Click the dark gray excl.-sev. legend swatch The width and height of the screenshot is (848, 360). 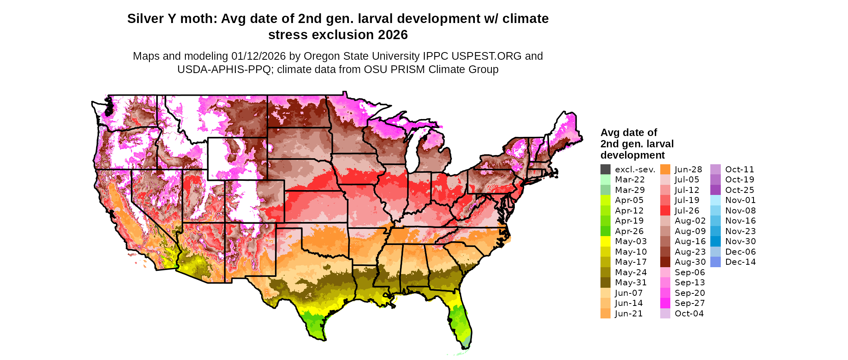coord(605,170)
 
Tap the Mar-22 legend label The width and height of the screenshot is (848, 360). coord(630,180)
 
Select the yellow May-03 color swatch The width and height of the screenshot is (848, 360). coord(605,241)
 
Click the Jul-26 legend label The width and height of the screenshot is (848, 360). coord(687,211)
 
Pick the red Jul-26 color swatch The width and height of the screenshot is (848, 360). coord(665,211)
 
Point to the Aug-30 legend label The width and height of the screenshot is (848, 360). coord(690,262)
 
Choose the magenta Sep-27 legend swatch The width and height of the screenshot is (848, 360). coord(665,303)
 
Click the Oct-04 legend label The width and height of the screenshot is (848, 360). coord(689,314)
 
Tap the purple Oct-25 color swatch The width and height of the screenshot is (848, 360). coord(715,190)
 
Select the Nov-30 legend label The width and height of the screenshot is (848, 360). coord(740,241)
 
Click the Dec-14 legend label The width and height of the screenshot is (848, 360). coord(740,262)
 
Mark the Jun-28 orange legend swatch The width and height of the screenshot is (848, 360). coord(665,170)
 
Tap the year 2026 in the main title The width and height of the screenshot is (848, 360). coord(393,35)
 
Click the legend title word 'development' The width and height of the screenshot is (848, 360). coord(632,155)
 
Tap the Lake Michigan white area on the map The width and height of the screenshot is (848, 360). coord(412,153)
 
